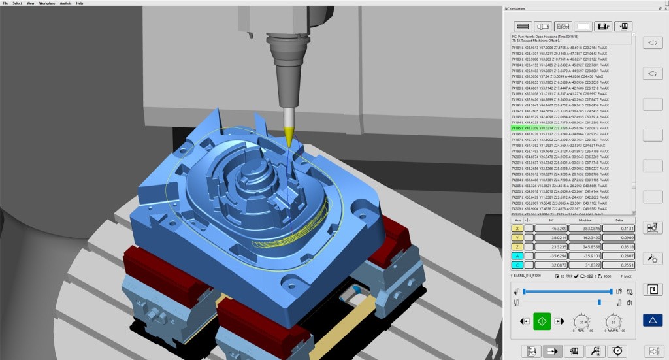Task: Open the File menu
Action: pos(5,3)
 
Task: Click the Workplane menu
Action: pos(47,3)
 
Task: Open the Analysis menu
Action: pos(65,3)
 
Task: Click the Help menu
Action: pos(80,3)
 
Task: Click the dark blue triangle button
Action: pos(652,320)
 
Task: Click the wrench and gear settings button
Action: pos(652,258)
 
